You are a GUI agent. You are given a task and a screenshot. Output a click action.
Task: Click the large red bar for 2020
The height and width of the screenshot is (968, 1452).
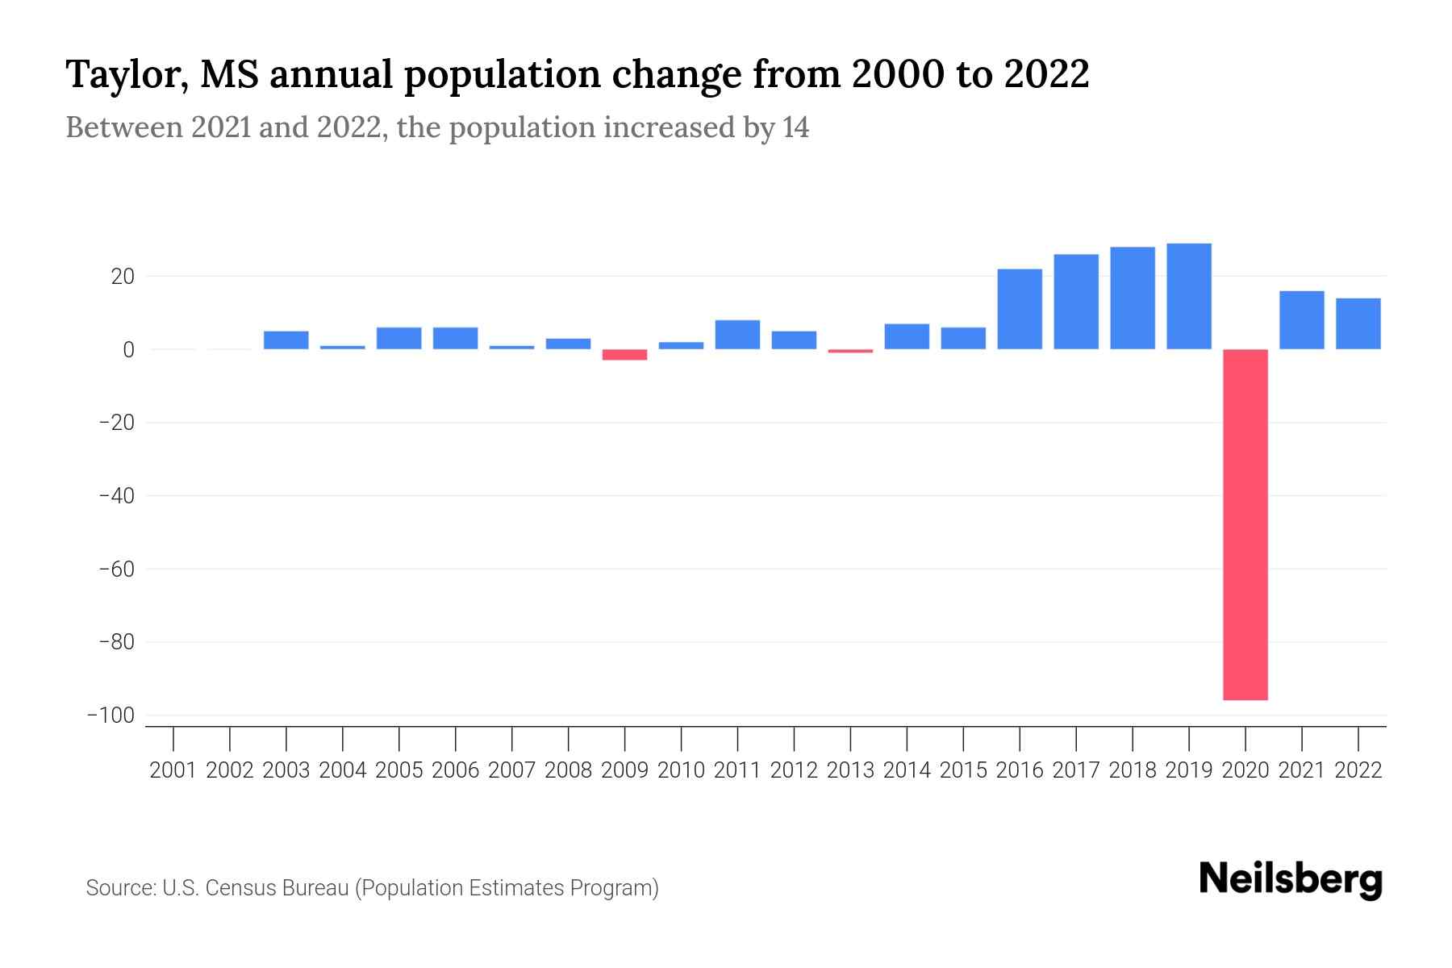pyautogui.click(x=1245, y=524)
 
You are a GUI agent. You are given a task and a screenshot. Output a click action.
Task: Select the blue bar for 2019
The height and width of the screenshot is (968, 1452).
pyautogui.click(x=1189, y=296)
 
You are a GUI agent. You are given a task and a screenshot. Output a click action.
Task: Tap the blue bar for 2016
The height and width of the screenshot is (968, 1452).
pyautogui.click(x=1020, y=309)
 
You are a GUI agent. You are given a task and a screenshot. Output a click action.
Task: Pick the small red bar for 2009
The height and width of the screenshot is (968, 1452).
pyautogui.click(x=625, y=354)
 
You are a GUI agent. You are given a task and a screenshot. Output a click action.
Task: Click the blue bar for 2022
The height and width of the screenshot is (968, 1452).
pyautogui.click(x=1358, y=323)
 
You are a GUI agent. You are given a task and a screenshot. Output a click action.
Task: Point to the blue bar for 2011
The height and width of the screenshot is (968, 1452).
pyautogui.click(x=737, y=335)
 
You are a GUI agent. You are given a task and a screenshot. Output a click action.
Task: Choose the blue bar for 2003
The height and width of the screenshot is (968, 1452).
pyautogui.click(x=286, y=340)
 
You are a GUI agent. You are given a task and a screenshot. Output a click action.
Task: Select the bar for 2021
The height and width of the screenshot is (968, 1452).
pyautogui.click(x=1302, y=320)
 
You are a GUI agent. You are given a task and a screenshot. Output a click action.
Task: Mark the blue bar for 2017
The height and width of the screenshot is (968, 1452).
pyautogui.click(x=1076, y=302)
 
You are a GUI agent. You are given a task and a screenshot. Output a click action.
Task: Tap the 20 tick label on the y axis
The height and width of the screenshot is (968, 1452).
pyautogui.click(x=123, y=277)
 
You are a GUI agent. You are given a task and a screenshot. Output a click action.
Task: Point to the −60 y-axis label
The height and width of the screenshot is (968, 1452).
pyautogui.click(x=116, y=569)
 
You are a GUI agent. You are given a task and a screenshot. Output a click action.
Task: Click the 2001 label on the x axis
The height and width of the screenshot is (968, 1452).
pyautogui.click(x=173, y=770)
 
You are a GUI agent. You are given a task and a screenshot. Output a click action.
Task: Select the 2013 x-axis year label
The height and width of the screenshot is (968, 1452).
pyautogui.click(x=850, y=770)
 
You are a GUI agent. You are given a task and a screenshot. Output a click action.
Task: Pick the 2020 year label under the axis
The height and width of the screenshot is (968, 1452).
pyautogui.click(x=1245, y=770)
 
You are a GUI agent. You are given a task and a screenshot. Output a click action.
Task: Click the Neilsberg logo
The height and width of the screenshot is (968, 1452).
pyautogui.click(x=1291, y=879)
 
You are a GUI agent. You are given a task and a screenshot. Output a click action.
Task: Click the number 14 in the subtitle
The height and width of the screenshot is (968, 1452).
pyautogui.click(x=795, y=127)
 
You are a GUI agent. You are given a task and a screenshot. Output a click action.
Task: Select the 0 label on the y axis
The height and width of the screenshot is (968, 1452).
pyautogui.click(x=128, y=350)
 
